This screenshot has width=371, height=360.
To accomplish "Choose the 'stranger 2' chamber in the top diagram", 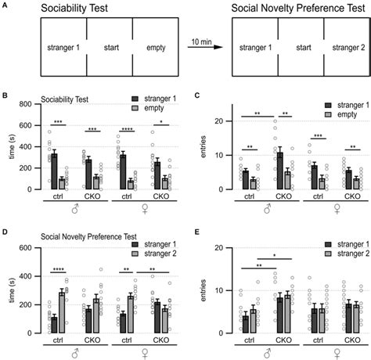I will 344,48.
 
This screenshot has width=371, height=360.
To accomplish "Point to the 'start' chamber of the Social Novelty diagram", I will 298,48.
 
